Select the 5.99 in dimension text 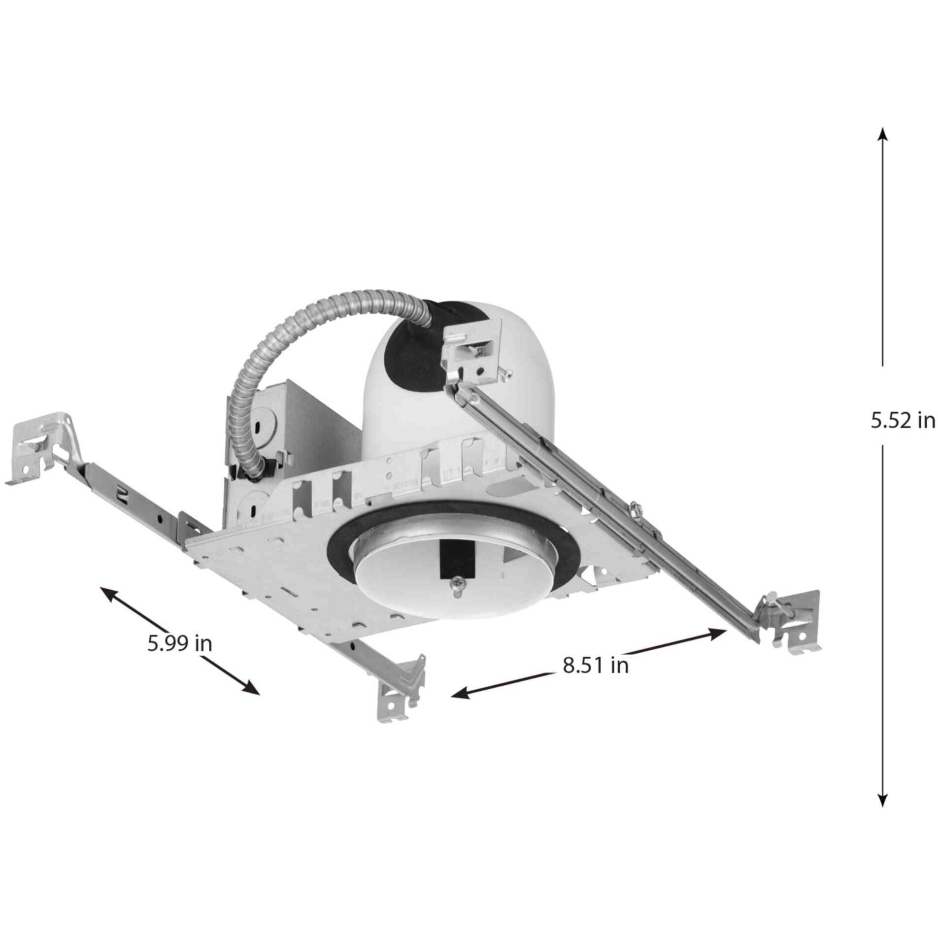[x=180, y=643]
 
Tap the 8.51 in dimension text [x=596, y=666]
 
